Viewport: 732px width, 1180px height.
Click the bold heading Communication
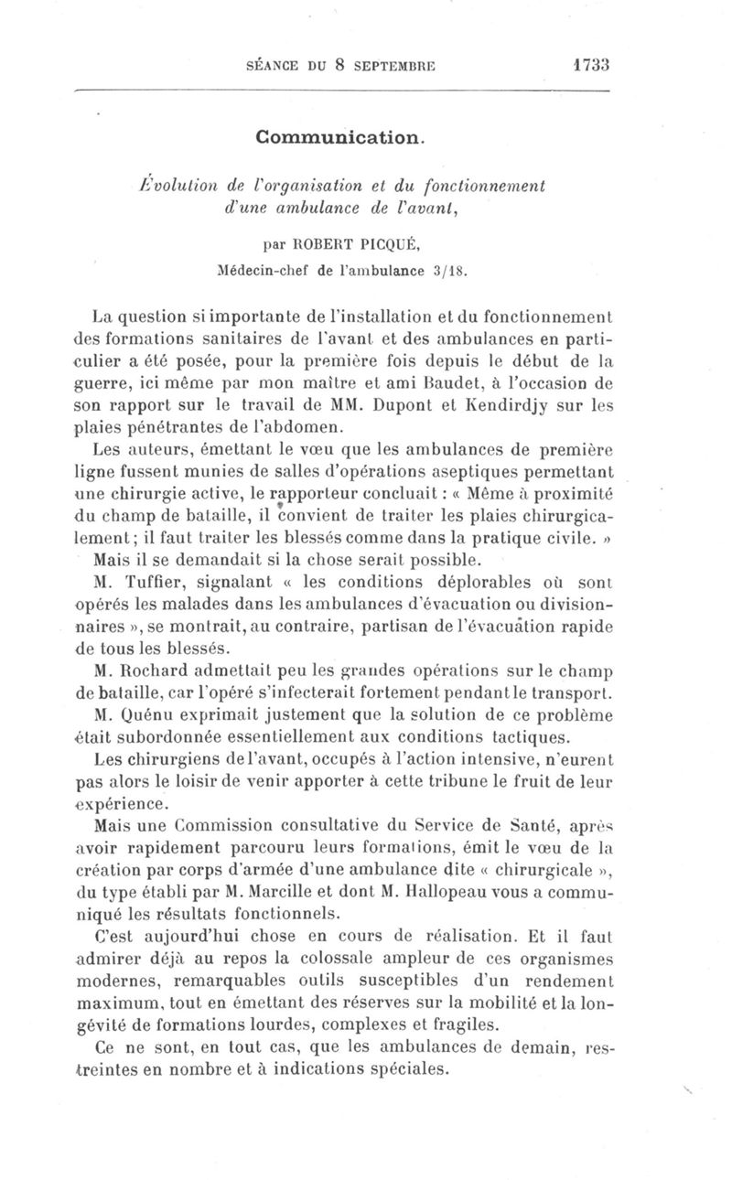click(341, 138)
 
